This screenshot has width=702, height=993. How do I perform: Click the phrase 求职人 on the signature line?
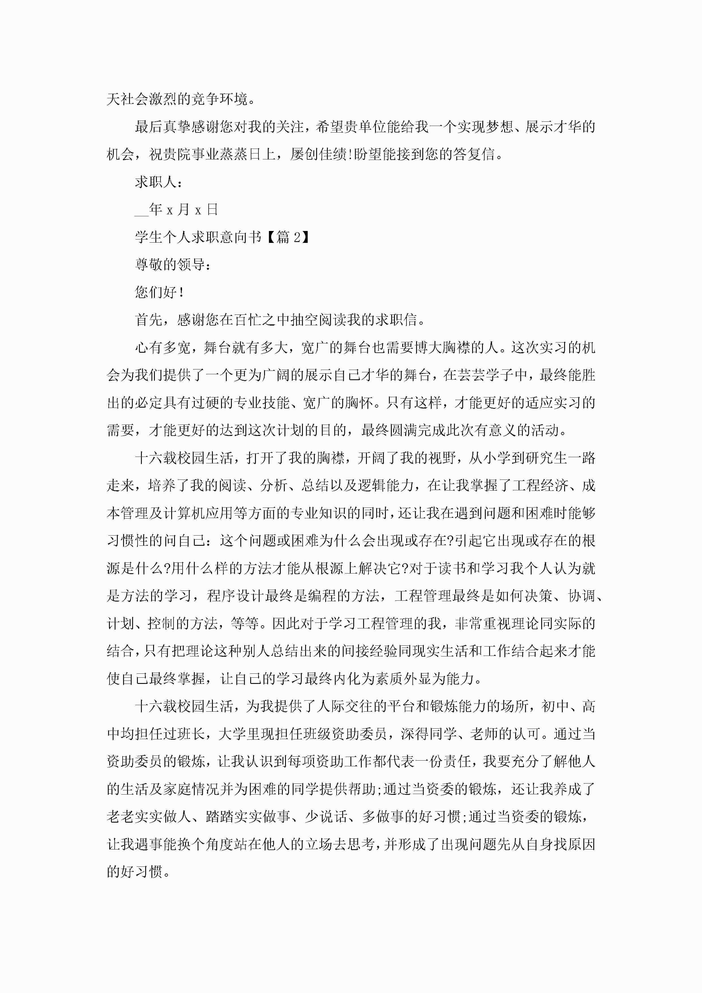point(155,182)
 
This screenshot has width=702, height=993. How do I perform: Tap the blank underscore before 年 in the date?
point(142,211)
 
